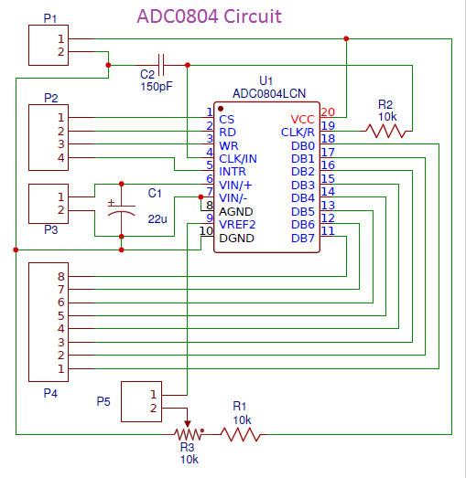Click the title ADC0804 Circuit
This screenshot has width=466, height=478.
click(209, 16)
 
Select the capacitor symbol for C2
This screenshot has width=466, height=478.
click(161, 65)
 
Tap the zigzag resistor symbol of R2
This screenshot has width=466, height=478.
click(386, 131)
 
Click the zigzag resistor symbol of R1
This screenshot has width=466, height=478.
click(242, 434)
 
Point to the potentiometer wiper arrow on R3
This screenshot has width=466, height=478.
click(187, 424)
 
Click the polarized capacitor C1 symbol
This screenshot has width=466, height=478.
click(122, 209)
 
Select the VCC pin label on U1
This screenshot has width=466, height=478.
click(302, 119)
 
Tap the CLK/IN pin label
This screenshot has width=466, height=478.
click(238, 158)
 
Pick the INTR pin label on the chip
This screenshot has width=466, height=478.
click(233, 172)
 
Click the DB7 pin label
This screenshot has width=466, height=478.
click(303, 238)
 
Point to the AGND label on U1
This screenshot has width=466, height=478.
click(236, 211)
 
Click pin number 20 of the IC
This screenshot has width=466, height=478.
click(328, 112)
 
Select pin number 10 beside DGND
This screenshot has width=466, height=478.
click(206, 230)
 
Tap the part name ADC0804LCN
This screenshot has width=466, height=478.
click(269, 93)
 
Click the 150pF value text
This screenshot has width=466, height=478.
click(157, 87)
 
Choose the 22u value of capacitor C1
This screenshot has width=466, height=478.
click(157, 218)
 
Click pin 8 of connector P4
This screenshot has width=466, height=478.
click(61, 277)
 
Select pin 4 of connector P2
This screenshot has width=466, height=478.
click(61, 157)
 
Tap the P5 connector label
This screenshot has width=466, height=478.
click(103, 401)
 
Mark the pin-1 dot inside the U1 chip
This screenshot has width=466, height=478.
click(221, 109)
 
